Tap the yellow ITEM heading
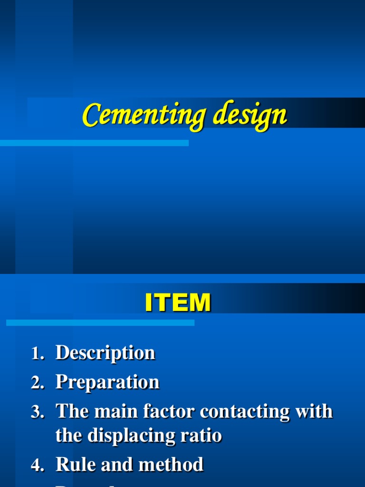[178, 303]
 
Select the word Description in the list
[105, 353]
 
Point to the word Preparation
[107, 381]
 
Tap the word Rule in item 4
[75, 465]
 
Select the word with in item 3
[313, 411]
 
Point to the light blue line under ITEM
[100, 323]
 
